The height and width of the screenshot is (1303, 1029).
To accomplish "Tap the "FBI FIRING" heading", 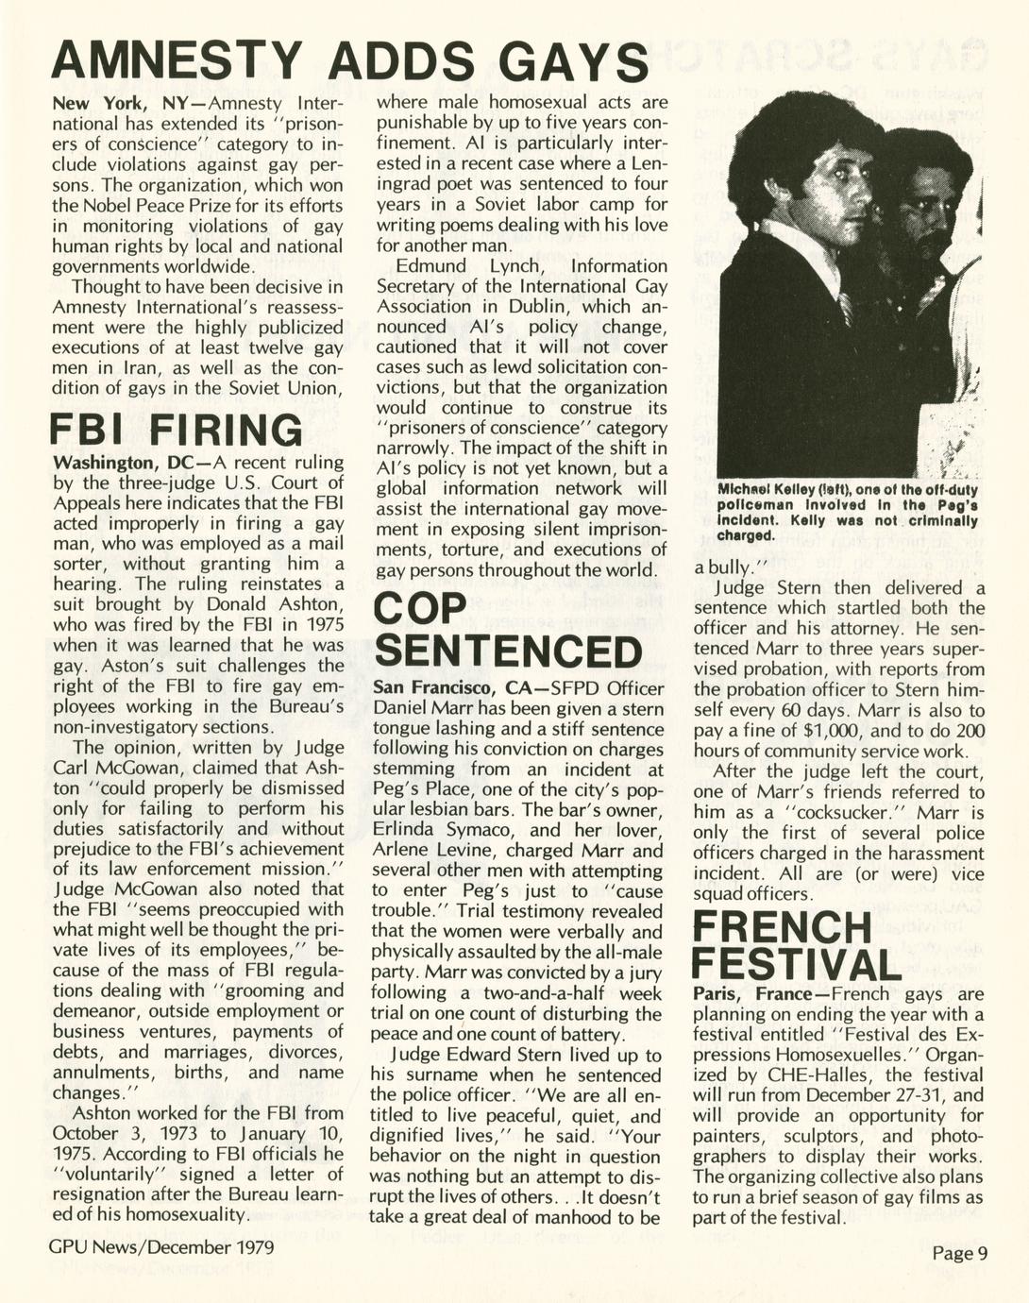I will [x=177, y=431].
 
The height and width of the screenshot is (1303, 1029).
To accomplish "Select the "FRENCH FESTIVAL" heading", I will [x=796, y=945].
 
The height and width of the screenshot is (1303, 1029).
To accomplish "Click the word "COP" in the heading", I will [x=420, y=609].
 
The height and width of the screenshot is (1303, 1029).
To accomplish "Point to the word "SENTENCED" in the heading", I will [x=508, y=652].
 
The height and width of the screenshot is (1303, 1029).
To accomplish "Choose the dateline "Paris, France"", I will [x=751, y=994].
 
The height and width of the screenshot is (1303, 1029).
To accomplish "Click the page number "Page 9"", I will [x=959, y=1253].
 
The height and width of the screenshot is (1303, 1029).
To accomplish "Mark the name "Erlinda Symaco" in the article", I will [x=435, y=831].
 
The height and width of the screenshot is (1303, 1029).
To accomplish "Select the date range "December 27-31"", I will [x=888, y=1095].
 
